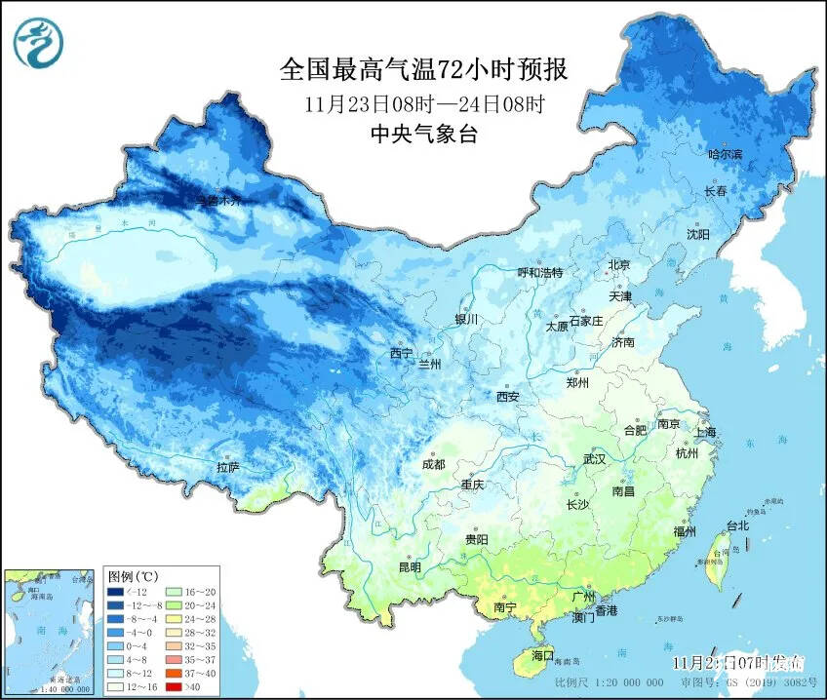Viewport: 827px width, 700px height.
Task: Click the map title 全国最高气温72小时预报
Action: coord(423,69)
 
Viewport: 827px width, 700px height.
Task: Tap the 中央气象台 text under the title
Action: coord(423,136)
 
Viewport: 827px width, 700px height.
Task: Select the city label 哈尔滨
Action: coord(725,154)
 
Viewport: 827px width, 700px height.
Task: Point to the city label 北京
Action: coord(620,264)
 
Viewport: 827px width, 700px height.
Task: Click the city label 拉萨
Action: coord(228,468)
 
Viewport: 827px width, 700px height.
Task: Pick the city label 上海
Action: coord(707,431)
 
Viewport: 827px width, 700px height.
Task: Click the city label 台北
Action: coord(736,525)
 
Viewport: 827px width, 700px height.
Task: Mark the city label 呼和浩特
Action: coord(539,273)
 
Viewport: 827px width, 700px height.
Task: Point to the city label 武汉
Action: coord(594,458)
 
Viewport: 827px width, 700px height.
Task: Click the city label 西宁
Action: coord(401,352)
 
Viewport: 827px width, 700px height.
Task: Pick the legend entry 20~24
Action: coord(191,605)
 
